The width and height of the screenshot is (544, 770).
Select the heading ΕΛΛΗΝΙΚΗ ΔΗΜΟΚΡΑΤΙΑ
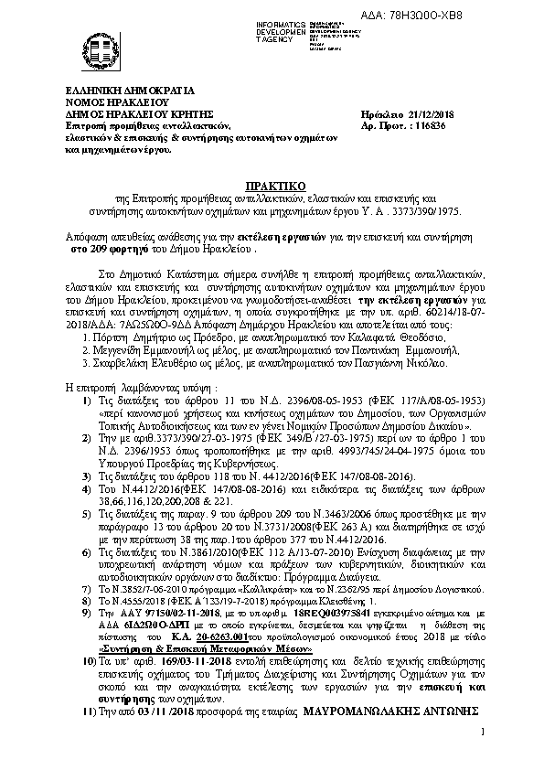pos(117,92)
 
